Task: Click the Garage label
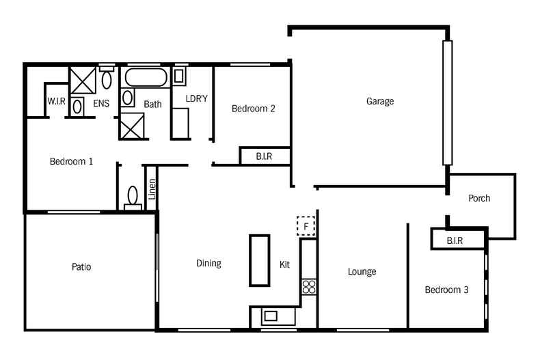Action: coord(380,102)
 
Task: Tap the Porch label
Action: coord(479,199)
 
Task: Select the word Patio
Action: coord(81,267)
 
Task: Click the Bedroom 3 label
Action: coord(446,290)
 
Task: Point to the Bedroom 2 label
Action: coord(253,109)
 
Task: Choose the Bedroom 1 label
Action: coord(71,162)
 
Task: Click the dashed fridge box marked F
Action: coord(306,225)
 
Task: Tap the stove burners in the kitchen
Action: coord(309,287)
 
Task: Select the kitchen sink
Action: coord(271,316)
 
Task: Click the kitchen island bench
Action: coord(260,260)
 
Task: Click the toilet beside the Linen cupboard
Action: coord(133,197)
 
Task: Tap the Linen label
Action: coord(152,189)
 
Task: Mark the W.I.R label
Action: coord(56,102)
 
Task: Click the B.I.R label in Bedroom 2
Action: coord(264,156)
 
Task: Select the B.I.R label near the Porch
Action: coord(455,241)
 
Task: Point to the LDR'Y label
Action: coord(196,99)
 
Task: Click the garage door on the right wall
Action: coord(447,102)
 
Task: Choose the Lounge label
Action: coord(362,272)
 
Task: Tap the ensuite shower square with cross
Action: coord(83,81)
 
